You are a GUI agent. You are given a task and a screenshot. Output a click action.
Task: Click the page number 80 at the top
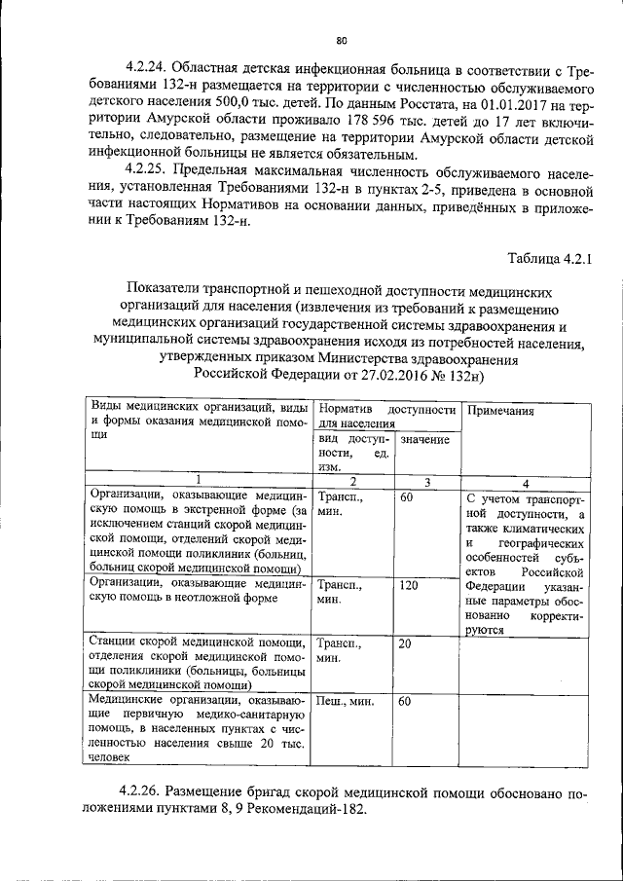(341, 40)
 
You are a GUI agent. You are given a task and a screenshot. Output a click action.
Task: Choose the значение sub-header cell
(424, 440)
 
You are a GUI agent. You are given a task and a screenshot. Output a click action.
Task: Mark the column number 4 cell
(526, 482)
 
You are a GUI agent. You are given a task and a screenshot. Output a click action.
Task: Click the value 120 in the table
(409, 586)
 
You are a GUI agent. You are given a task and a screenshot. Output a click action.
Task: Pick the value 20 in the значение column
(406, 644)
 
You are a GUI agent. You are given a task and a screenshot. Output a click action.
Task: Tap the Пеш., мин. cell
(347, 701)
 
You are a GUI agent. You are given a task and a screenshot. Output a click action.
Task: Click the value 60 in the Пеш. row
(406, 701)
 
